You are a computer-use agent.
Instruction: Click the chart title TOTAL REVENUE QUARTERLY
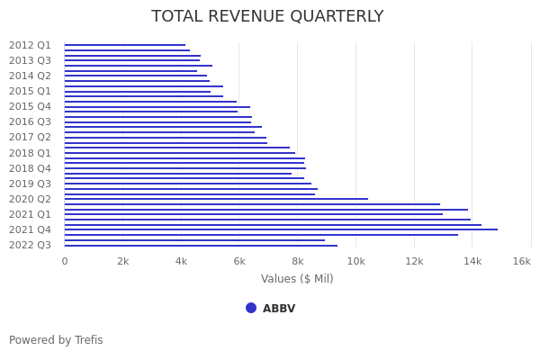pos(267,16)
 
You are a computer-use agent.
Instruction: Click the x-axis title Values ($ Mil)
pos(297,279)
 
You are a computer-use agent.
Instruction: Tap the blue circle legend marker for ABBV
pos(251,308)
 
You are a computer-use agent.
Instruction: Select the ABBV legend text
pos(279,309)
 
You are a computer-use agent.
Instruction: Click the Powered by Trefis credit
pos(56,340)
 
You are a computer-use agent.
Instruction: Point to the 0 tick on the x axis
pos(64,261)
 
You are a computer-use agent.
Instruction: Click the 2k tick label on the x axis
pos(123,261)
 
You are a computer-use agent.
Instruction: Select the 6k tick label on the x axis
pos(239,261)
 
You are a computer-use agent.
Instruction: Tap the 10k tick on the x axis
pos(355,261)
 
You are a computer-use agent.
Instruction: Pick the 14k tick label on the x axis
pos(472,261)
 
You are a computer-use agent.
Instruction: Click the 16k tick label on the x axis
pos(521,261)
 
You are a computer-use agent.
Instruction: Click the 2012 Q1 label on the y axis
pos(30,45)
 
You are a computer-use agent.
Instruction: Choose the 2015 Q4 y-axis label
pos(30,106)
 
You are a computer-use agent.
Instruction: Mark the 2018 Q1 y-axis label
pos(30,153)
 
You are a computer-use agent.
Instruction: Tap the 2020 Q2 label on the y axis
pos(30,199)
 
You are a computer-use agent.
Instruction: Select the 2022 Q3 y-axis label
pos(30,245)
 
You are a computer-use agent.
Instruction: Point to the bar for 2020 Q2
pos(216,199)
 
